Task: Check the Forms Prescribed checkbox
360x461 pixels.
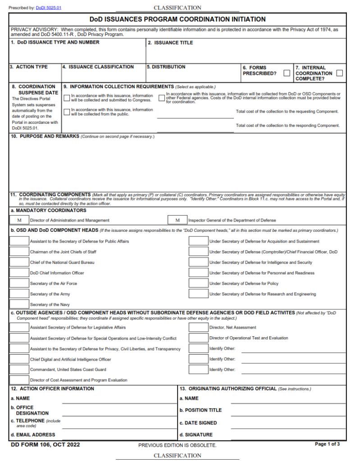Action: [x=287, y=73]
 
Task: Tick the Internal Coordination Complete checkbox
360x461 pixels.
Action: [x=339, y=73]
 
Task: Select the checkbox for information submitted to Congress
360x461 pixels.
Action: [x=67, y=97]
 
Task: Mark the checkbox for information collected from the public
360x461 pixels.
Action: [x=67, y=112]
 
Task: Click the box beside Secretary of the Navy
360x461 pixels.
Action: [x=19, y=305]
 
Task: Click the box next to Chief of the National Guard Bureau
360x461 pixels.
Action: [x=19, y=262]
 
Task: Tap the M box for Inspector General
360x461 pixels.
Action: [x=178, y=220]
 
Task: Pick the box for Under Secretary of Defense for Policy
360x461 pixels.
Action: [x=198, y=284]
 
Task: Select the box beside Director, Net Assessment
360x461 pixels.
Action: [x=198, y=327]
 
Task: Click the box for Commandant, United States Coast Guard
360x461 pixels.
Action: [x=19, y=370]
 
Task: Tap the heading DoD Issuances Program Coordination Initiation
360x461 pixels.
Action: [x=178, y=19]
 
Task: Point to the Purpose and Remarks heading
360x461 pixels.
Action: [x=45, y=136]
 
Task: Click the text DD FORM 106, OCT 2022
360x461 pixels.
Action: [x=46, y=445]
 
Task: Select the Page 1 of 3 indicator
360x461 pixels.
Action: [x=327, y=444]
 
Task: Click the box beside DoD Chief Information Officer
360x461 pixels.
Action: [x=19, y=273]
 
